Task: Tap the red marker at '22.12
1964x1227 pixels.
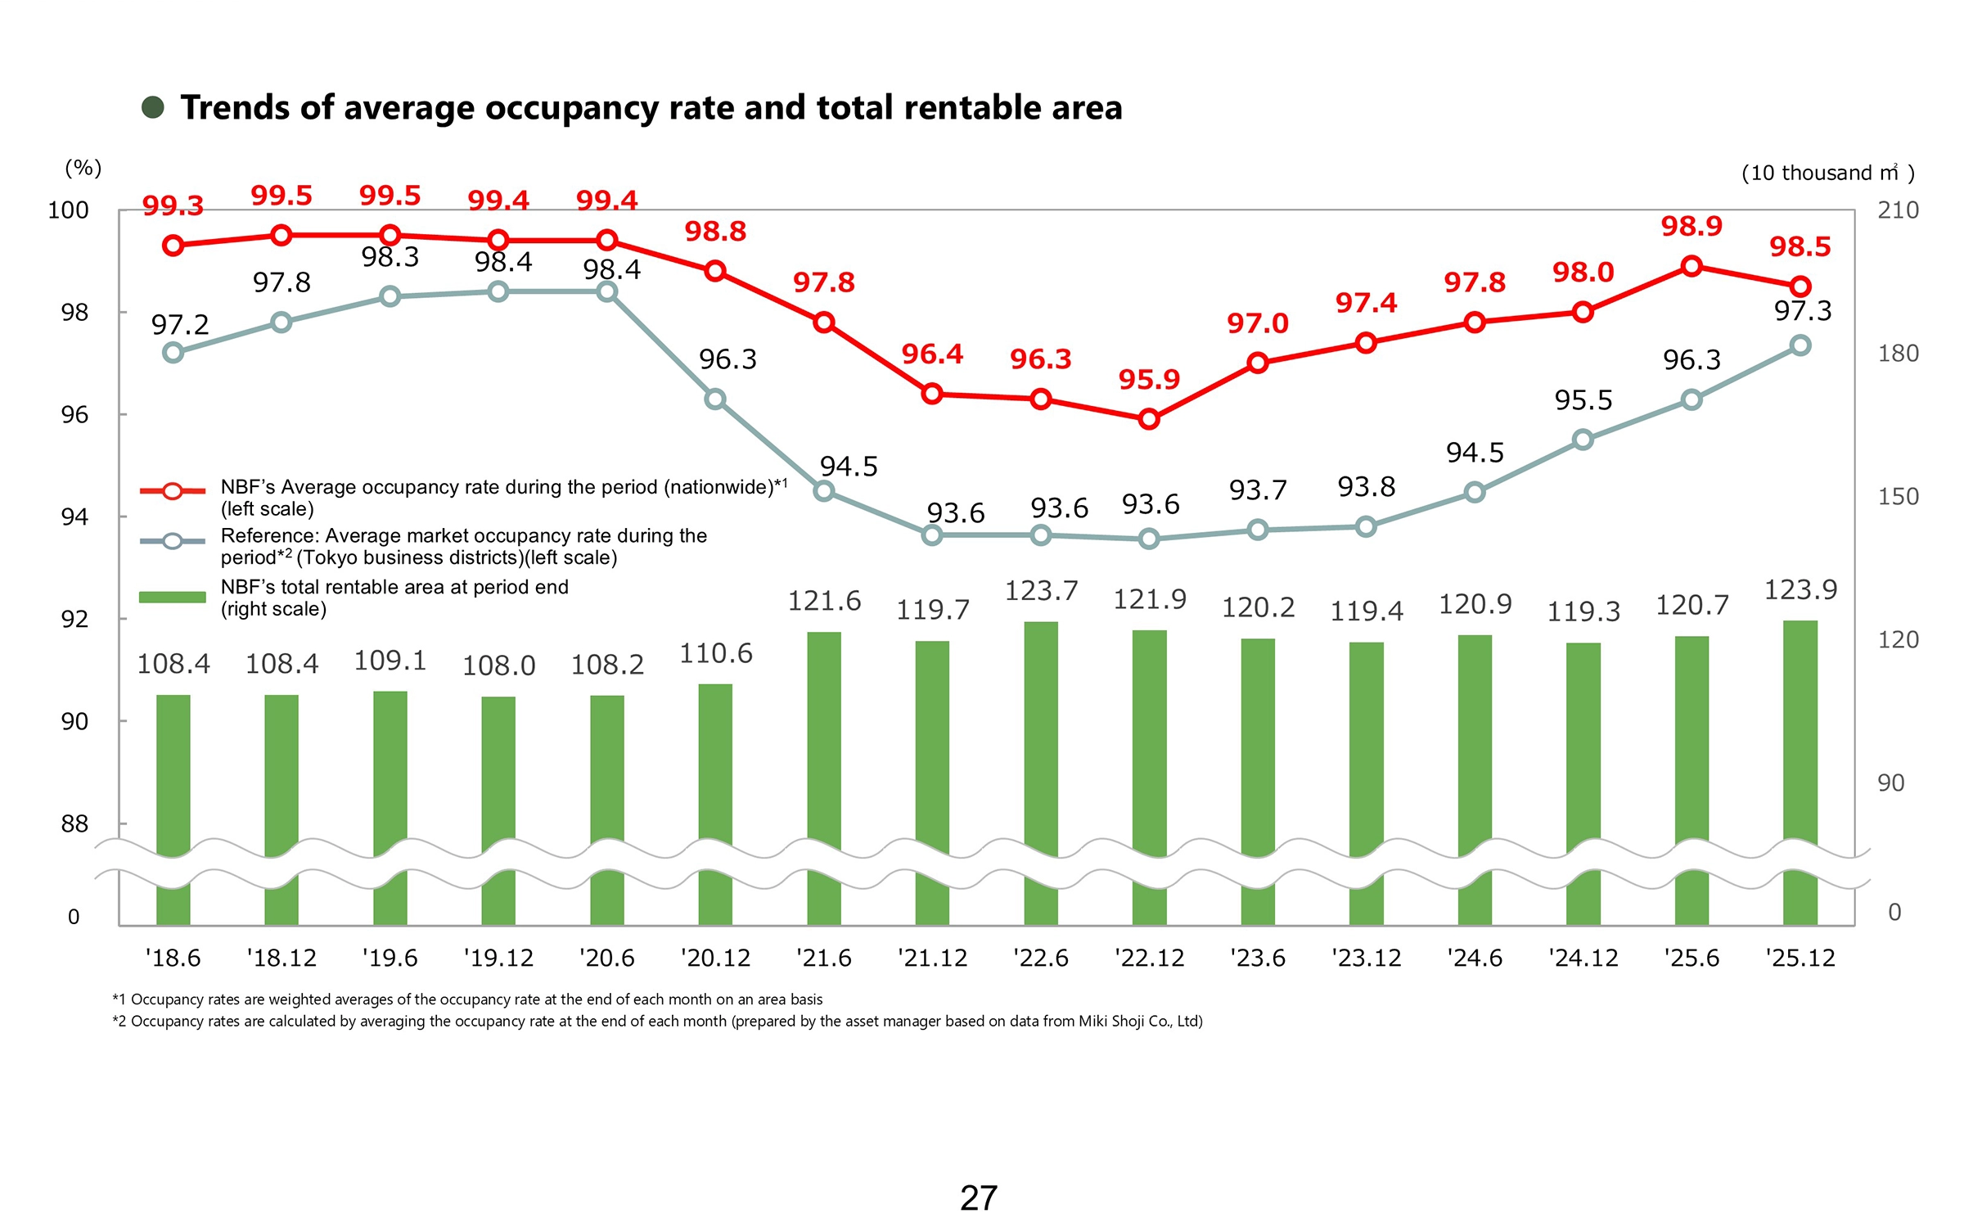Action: [1149, 419]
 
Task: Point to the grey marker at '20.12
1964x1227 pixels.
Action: [715, 399]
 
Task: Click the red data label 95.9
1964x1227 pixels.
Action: [1149, 380]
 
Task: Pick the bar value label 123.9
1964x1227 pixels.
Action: [1800, 589]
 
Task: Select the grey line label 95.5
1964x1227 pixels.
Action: [1583, 400]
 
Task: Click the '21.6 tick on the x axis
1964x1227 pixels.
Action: [824, 958]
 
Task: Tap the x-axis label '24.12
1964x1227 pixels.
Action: [1583, 958]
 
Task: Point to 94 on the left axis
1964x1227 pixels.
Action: [74, 517]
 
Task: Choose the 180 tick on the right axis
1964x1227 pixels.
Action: [1898, 354]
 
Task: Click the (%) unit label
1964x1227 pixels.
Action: [83, 168]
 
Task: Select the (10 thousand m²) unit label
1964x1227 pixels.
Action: [1827, 173]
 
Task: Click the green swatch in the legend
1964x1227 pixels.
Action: [172, 597]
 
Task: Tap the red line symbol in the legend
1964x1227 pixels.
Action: [172, 491]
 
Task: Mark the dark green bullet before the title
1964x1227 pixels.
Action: [153, 107]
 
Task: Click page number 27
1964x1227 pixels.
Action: [979, 1198]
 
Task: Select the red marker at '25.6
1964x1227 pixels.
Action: [1691, 266]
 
